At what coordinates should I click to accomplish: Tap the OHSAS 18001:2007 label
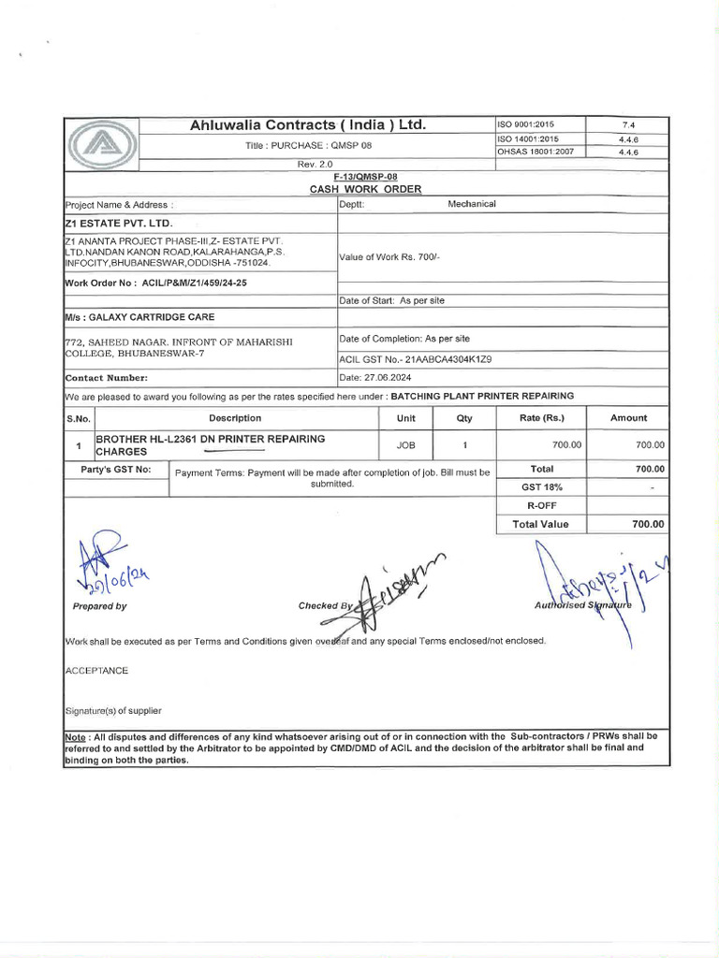528,152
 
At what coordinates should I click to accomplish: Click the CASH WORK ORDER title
365,189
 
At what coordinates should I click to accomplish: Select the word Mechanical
472,203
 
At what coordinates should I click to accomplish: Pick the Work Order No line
156,282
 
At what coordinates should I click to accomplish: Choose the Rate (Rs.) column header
542,418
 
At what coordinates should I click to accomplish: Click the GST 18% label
540,487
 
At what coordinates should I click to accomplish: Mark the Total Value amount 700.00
647,525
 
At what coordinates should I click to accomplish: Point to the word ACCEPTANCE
96,671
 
